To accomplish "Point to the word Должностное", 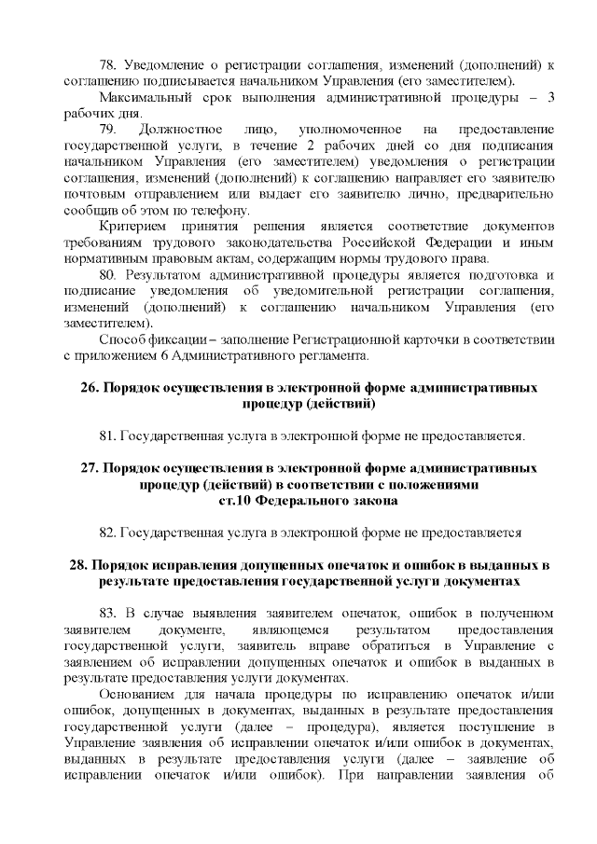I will (180, 130).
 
